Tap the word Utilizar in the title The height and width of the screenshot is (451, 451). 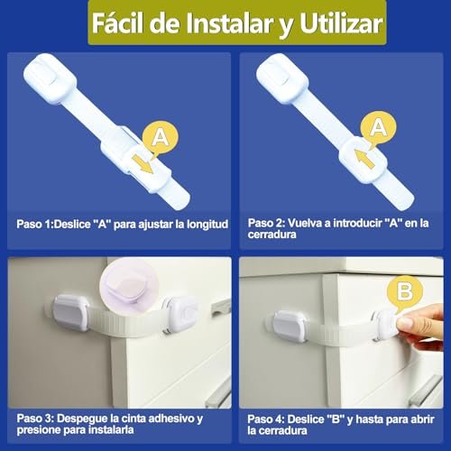pyautogui.click(x=341, y=23)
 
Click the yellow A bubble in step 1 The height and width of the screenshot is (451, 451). pyautogui.click(x=160, y=139)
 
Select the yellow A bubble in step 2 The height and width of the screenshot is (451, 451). pyautogui.click(x=378, y=129)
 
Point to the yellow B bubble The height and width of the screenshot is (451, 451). pyautogui.click(x=405, y=291)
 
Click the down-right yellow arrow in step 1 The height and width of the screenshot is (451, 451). pyautogui.click(x=143, y=164)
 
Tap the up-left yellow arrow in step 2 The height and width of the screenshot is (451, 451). pyautogui.click(x=364, y=158)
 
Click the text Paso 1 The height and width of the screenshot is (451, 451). pyautogui.click(x=33, y=224)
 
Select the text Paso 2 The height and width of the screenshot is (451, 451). pyautogui.click(x=265, y=223)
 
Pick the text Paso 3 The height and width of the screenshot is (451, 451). pyautogui.click(x=34, y=419)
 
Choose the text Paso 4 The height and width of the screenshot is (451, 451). pyautogui.click(x=265, y=419)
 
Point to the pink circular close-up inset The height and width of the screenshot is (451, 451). pyautogui.click(x=129, y=286)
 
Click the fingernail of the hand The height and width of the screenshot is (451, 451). pyautogui.click(x=404, y=323)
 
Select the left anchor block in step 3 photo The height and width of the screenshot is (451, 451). pyautogui.click(x=71, y=313)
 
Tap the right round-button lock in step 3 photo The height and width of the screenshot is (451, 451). pyautogui.click(x=180, y=314)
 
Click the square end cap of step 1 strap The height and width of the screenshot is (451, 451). pyautogui.click(x=50, y=78)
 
